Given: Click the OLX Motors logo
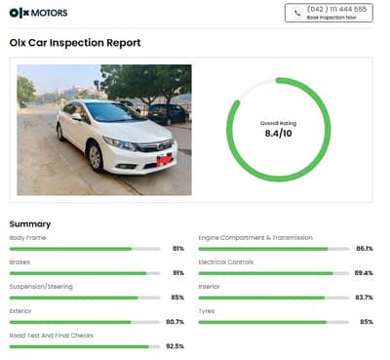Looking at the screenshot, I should click(x=39, y=13).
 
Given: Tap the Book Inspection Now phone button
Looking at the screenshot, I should click(x=329, y=13).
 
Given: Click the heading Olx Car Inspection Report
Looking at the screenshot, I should click(x=75, y=43).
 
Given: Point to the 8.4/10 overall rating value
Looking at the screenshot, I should click(x=278, y=133).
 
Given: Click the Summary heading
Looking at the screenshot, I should click(x=30, y=223).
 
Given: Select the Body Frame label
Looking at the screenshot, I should click(x=27, y=237).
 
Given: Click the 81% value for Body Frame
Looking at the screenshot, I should click(x=177, y=249).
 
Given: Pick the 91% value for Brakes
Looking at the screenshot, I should click(x=177, y=273).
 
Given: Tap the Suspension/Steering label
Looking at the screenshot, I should click(x=41, y=287).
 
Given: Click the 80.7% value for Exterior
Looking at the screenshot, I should click(x=175, y=322).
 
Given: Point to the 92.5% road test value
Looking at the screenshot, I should click(x=175, y=346).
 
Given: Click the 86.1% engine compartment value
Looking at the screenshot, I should click(x=364, y=249).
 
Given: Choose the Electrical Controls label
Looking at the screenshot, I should click(x=225, y=261).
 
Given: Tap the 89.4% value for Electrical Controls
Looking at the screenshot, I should click(x=364, y=273).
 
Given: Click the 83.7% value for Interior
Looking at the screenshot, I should click(x=364, y=298).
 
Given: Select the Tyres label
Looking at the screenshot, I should click(x=208, y=311).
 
